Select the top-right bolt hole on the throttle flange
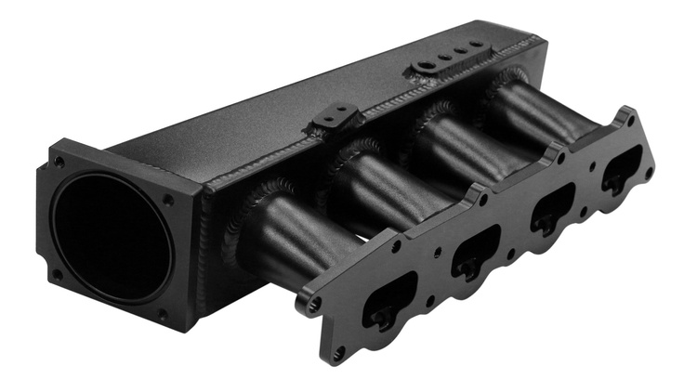click(169, 198)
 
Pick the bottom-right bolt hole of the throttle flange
click(163, 317)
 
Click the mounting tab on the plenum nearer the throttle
click(336, 119)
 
